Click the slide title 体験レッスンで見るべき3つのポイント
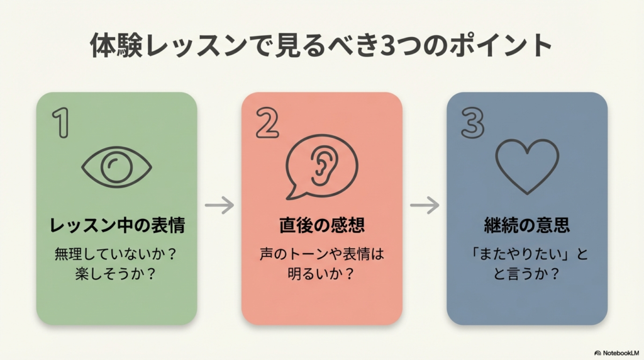click(321, 47)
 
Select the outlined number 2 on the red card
click(267, 123)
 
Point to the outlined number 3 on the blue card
click(472, 123)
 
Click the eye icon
click(117, 167)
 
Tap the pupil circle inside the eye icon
click(117, 167)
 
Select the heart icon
click(527, 166)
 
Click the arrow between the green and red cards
click(219, 205)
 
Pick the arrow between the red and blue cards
click(425, 205)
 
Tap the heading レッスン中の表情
click(117, 225)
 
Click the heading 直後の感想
click(321, 225)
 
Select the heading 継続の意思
click(527, 225)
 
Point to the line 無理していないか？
click(117, 256)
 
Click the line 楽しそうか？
click(117, 275)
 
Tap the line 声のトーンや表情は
click(321, 256)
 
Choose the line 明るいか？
click(321, 275)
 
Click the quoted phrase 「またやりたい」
click(519, 256)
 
